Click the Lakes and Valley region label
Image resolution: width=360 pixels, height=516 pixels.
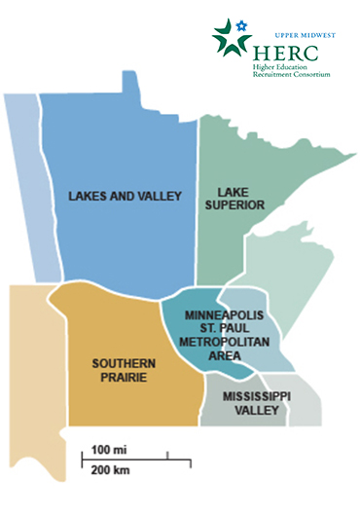point(125,197)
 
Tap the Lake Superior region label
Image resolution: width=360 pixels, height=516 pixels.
point(240,200)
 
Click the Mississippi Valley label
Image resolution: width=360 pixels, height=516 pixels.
point(256,404)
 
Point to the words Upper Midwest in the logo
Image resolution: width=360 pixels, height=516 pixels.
point(307,34)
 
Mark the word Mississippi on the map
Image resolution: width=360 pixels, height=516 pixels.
point(256,397)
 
